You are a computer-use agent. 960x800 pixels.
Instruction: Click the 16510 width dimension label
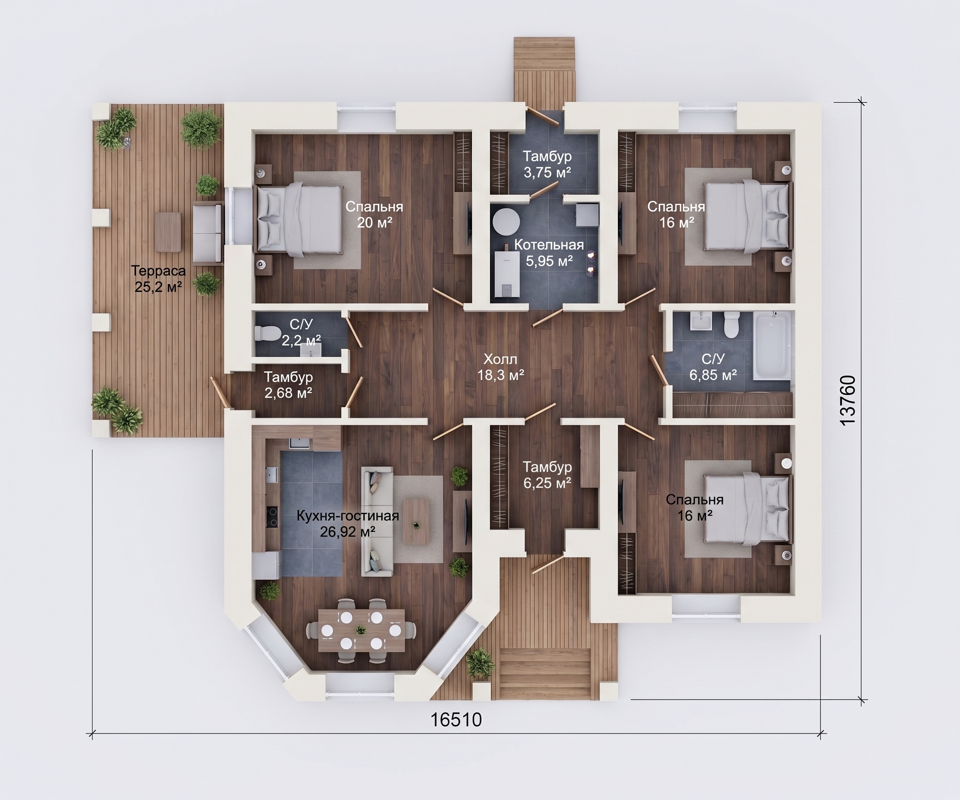tap(456, 720)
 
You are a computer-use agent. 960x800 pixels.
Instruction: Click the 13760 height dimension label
tap(848, 400)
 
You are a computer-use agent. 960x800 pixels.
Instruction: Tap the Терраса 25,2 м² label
tap(158, 278)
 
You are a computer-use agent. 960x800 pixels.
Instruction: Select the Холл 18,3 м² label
tap(501, 367)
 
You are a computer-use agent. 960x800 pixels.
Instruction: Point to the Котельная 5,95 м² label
tap(549, 253)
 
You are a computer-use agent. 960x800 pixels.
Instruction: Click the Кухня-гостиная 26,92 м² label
tap(348, 523)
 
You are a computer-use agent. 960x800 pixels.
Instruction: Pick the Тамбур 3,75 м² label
tap(547, 164)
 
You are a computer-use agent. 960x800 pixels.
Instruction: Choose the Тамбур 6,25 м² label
tap(547, 475)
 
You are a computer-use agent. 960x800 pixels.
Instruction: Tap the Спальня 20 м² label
tap(375, 214)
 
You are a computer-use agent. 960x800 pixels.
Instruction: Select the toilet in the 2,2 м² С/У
tap(265, 333)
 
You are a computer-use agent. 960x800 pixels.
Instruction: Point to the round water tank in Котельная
tap(506, 222)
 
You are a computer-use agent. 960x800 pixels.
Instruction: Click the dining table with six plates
tap(361, 631)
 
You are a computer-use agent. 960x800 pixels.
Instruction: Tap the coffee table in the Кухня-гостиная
tap(416, 521)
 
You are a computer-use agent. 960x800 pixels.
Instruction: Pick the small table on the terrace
tap(168, 232)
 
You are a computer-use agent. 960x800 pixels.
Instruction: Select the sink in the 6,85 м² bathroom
tap(701, 320)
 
